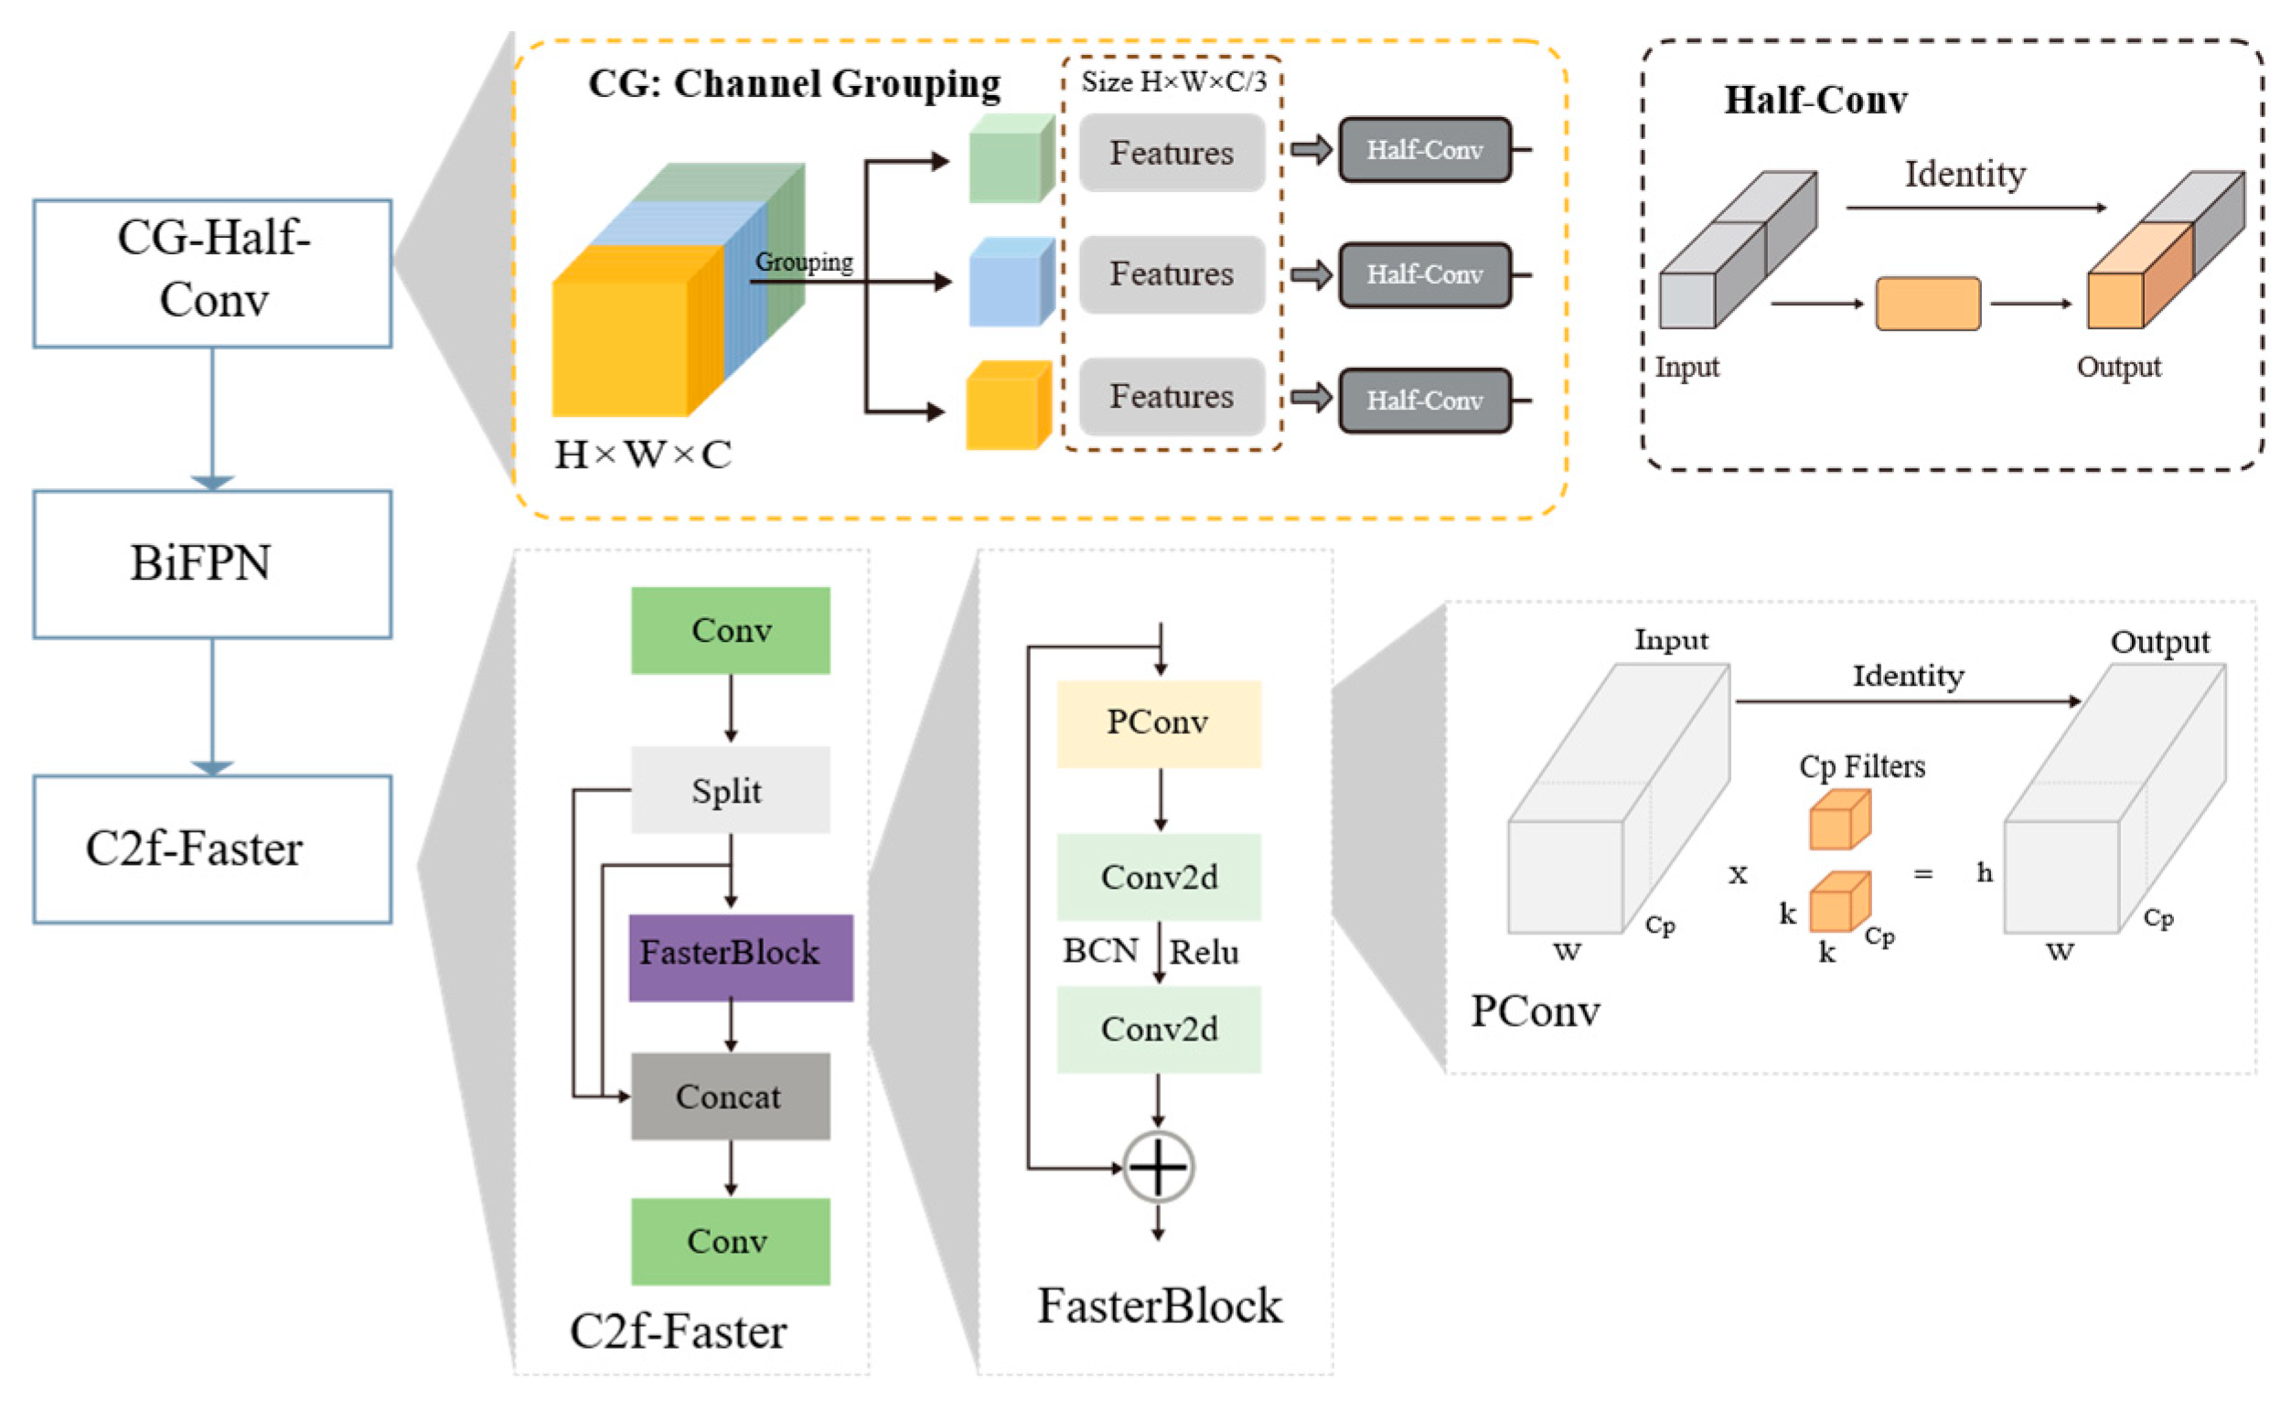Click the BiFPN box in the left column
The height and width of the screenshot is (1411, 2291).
point(212,563)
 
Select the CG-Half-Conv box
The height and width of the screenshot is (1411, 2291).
point(212,273)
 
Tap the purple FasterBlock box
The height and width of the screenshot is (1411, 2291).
point(739,957)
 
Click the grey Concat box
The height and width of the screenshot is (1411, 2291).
point(730,1096)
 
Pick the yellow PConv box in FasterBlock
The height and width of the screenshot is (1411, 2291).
point(1157,723)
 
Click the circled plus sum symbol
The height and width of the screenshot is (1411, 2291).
point(1157,1167)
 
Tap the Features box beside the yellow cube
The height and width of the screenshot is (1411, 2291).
point(1172,397)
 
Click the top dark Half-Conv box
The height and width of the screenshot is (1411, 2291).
point(1423,149)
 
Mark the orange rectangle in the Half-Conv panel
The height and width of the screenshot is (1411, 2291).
point(1927,304)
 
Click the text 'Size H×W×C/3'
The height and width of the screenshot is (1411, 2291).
point(1172,82)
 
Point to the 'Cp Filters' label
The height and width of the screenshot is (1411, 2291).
point(1861,766)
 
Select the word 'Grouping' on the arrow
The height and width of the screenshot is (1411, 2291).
point(804,262)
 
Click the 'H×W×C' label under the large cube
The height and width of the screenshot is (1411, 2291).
point(643,455)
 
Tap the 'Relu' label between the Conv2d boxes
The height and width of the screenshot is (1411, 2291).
point(1204,952)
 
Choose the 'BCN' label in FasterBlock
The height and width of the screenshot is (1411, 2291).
point(1100,950)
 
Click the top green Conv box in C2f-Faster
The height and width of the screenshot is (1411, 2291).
point(730,630)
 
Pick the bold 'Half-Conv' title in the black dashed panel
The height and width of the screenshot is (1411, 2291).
point(1815,101)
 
